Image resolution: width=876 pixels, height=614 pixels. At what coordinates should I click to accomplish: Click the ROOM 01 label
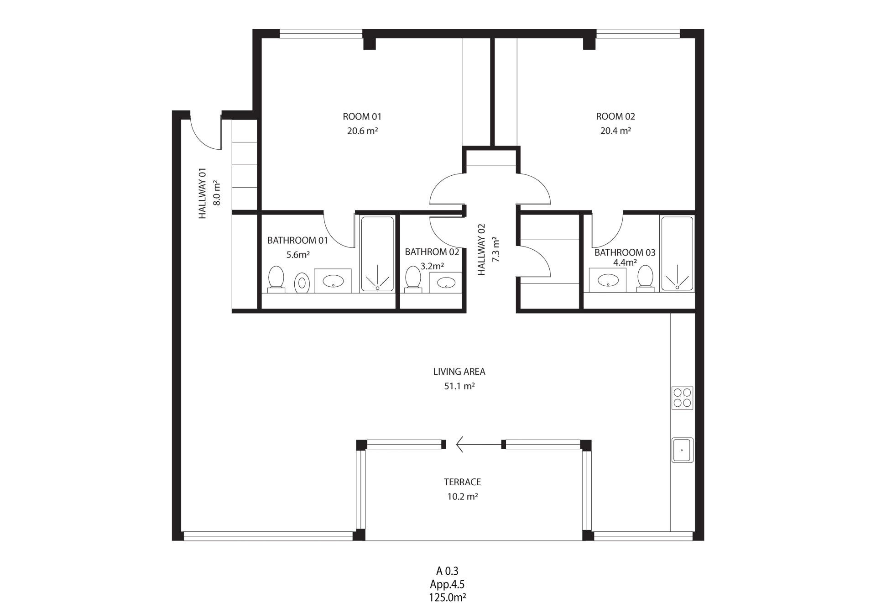362,116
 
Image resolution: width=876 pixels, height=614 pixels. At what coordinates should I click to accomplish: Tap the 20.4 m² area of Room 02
615,131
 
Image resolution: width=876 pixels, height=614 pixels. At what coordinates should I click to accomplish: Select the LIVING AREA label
459,372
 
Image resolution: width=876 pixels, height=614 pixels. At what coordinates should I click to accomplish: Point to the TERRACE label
462,482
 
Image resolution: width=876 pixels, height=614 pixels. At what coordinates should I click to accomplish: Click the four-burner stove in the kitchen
682,398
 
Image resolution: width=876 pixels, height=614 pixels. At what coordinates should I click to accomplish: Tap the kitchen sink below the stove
682,450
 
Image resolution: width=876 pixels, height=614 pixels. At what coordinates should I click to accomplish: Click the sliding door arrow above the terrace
479,444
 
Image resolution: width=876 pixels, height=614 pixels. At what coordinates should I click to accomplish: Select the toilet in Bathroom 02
413,279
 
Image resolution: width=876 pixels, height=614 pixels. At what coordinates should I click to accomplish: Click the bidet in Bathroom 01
302,283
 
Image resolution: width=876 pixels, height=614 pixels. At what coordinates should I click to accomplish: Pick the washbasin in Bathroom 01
333,281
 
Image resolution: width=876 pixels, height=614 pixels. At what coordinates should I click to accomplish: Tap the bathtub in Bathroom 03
677,254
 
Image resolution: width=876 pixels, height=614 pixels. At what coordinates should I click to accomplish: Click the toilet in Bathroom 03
645,278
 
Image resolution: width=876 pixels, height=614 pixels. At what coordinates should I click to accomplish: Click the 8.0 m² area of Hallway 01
217,193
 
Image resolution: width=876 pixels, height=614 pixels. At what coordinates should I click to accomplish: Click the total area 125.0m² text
447,598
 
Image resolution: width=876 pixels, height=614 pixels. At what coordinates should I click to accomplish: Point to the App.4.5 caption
447,584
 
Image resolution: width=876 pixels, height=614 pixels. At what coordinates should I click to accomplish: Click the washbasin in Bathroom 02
445,283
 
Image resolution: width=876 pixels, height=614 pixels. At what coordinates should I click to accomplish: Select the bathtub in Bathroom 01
377,254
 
